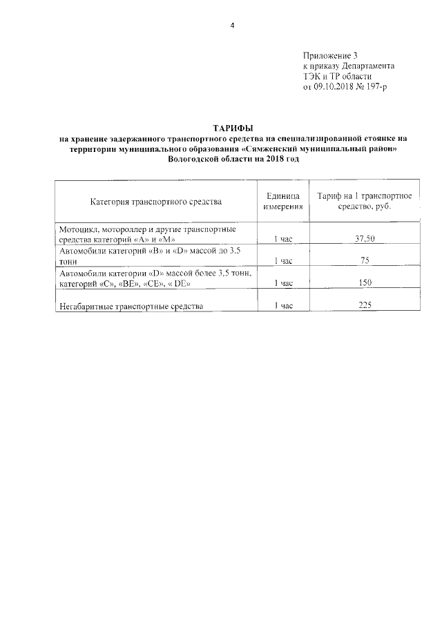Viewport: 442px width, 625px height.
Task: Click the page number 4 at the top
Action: tap(233, 26)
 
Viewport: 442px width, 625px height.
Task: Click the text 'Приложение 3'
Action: tap(331, 55)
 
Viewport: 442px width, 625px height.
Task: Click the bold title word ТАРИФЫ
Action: tap(232, 128)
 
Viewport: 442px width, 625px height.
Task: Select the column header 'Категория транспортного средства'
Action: tap(155, 202)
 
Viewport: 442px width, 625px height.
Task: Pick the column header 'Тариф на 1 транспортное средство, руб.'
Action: tap(364, 202)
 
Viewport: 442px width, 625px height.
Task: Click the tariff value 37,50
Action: tap(364, 238)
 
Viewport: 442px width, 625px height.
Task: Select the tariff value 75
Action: tap(364, 261)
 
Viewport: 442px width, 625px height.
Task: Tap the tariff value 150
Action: tap(364, 283)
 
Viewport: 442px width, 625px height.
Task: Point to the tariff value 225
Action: tap(364, 306)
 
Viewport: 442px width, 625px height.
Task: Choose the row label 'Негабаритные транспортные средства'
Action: tap(131, 306)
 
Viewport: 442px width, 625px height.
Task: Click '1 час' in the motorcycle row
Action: tap(283, 238)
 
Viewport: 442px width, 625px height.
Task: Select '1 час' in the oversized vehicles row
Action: tap(283, 306)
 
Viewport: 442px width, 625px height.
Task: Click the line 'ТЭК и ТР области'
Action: tap(338, 77)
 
